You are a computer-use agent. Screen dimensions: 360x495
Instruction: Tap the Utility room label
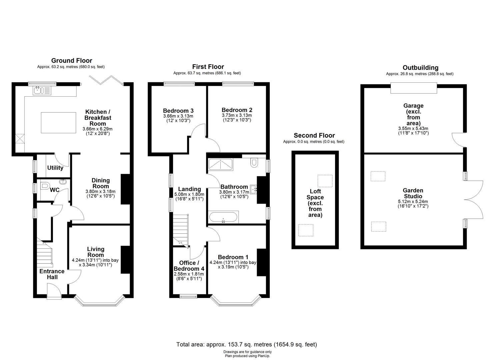pos(55,168)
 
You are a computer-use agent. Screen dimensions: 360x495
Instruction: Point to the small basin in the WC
pos(63,182)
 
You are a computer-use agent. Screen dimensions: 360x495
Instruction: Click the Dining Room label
pos(100,183)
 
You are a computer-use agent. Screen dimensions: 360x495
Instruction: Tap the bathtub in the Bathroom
pos(223,218)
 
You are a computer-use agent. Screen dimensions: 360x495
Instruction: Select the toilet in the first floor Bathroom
pos(255,162)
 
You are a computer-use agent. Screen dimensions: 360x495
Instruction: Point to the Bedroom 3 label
pos(178,111)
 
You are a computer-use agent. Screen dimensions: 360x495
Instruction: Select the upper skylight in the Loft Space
pos(325,181)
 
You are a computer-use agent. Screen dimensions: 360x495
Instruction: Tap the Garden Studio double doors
pos(473,200)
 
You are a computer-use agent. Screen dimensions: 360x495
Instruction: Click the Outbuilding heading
pos(420,68)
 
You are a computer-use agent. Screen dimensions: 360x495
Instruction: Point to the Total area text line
pos(247,344)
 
